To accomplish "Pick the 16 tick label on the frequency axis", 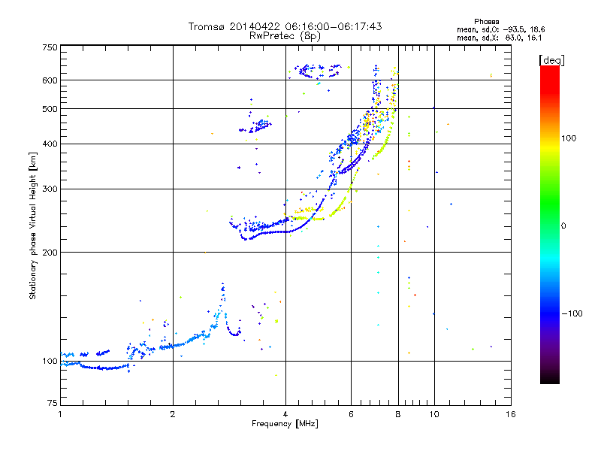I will point(510,414).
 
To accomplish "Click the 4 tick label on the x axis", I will point(285,414).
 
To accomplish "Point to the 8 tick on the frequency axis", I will point(398,414).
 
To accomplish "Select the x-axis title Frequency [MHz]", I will point(285,424).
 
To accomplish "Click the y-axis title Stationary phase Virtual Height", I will point(33,225).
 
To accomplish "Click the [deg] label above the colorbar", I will point(551,59).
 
